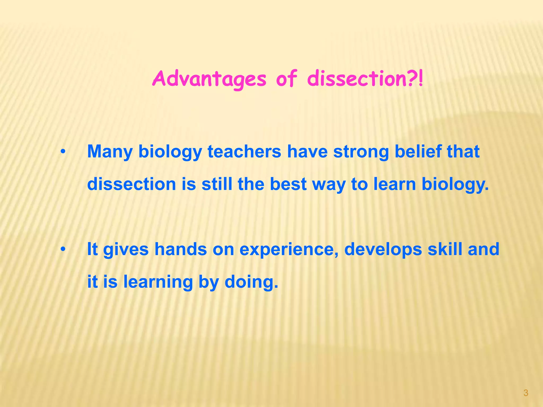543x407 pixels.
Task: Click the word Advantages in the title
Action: [209, 79]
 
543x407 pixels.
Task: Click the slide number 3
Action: [526, 393]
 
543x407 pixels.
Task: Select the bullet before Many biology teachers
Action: [63, 152]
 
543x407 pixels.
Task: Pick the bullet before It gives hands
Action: [63, 249]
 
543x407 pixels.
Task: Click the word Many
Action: [110, 152]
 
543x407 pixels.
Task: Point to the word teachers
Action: [244, 152]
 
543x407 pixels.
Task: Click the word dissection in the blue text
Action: [132, 184]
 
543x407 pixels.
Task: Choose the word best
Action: [288, 184]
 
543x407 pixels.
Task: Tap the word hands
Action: [181, 249]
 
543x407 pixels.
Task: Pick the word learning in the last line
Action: [158, 282]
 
